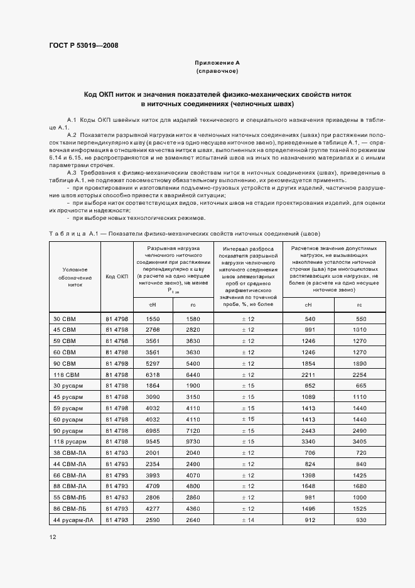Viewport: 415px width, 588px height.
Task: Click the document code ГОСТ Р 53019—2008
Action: click(x=83, y=46)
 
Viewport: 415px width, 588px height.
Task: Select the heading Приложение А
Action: click(x=217, y=63)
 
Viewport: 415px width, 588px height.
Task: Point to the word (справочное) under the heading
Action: click(x=217, y=72)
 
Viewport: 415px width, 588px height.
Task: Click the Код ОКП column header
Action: click(x=117, y=276)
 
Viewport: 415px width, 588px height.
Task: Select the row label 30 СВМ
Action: click(x=64, y=319)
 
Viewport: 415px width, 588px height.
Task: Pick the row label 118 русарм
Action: click(x=68, y=441)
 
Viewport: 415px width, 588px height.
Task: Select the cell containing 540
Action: click(x=309, y=319)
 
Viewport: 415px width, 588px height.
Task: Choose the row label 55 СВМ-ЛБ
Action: click(x=70, y=496)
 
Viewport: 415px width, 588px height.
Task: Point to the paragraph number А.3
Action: click(x=71, y=173)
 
